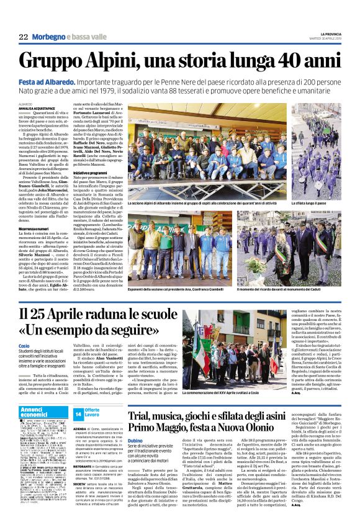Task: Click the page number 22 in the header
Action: point(24,37)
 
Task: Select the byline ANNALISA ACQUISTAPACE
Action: point(38,108)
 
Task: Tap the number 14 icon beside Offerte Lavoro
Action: point(78,413)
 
